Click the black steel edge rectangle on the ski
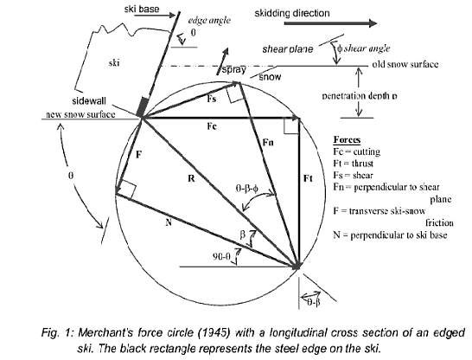pyautogui.click(x=143, y=107)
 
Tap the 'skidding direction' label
pyautogui.click(x=292, y=13)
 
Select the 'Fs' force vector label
pyautogui.click(x=212, y=100)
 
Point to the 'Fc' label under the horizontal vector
pyautogui.click(x=212, y=126)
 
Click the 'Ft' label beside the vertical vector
pyautogui.click(x=308, y=178)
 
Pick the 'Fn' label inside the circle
pyautogui.click(x=268, y=142)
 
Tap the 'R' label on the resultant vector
pyautogui.click(x=191, y=178)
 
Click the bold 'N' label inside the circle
pyautogui.click(x=169, y=222)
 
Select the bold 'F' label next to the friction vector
pyautogui.click(x=138, y=155)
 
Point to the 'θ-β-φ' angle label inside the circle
pyautogui.click(x=247, y=189)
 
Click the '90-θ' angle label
pyautogui.click(x=221, y=257)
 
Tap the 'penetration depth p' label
pyautogui.click(x=360, y=96)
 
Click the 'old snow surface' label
pyautogui.click(x=405, y=64)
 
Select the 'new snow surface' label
pyautogui.click(x=80, y=114)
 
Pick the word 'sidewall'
pyautogui.click(x=89, y=101)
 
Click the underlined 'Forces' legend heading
pyautogui.click(x=347, y=140)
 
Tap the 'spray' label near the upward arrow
pyautogui.click(x=234, y=70)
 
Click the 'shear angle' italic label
pyautogui.click(x=367, y=48)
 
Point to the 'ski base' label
pyautogui.click(x=142, y=9)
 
